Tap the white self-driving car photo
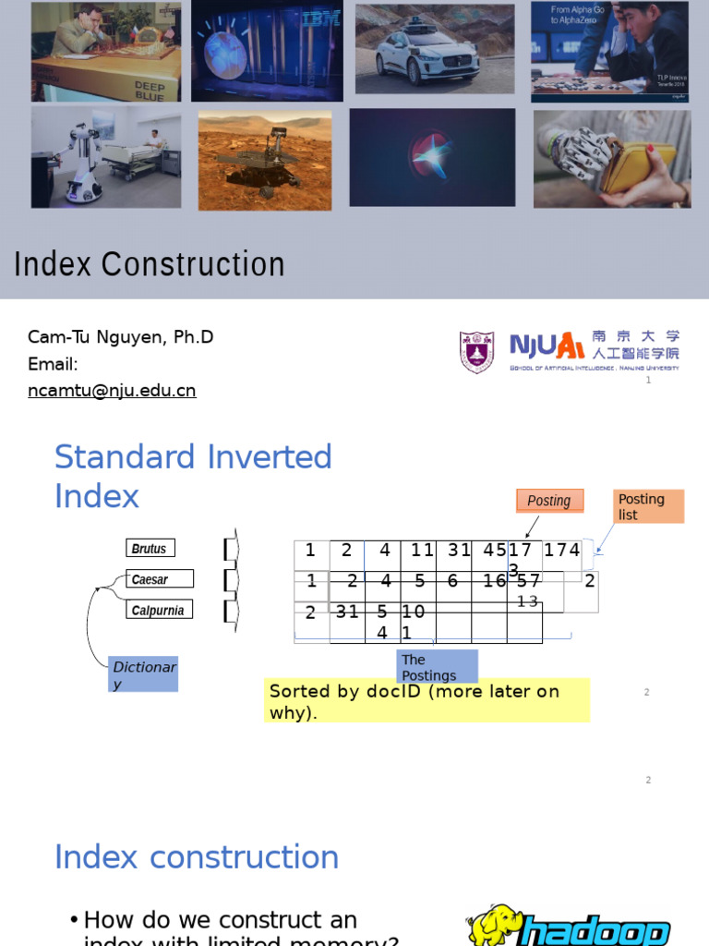(x=436, y=48)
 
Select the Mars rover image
(x=264, y=159)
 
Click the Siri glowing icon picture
(x=432, y=157)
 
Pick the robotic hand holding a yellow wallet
(x=611, y=158)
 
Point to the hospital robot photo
(x=106, y=156)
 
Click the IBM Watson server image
(x=267, y=51)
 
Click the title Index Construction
(x=150, y=264)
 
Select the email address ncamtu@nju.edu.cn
(x=112, y=391)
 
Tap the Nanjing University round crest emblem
(x=476, y=352)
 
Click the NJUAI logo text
(x=547, y=346)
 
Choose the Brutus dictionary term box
(x=150, y=548)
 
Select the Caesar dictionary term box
(x=160, y=579)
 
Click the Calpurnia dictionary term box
(x=159, y=610)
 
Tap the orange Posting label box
(x=549, y=500)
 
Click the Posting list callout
(x=649, y=506)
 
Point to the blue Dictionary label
(x=143, y=674)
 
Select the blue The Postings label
(x=438, y=667)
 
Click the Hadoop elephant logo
(x=496, y=926)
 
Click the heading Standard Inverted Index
(x=193, y=476)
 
